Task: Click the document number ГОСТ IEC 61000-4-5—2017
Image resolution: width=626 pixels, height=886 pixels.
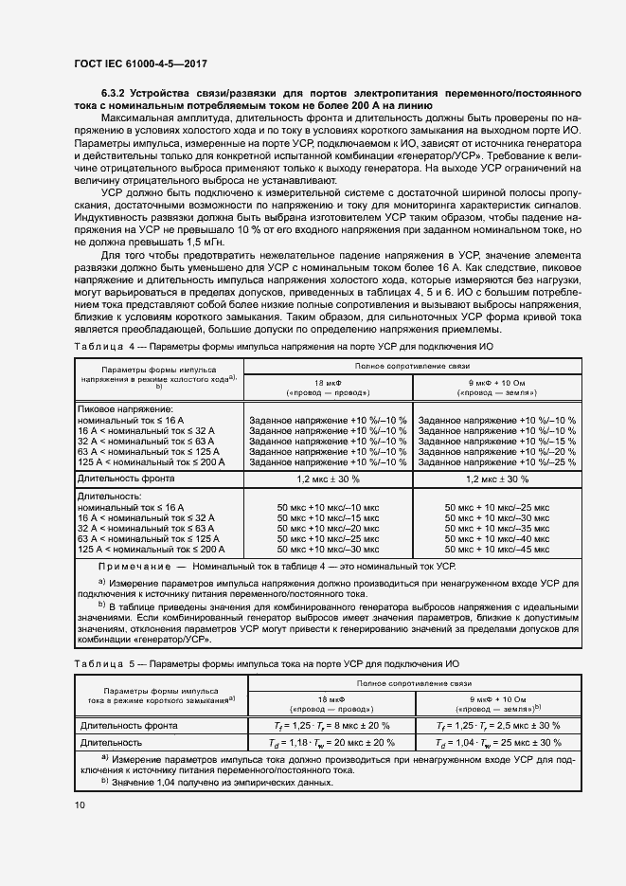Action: (139, 64)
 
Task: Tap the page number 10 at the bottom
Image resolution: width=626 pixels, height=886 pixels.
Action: (79, 805)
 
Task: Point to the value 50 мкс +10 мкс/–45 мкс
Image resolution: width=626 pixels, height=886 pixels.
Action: (496, 549)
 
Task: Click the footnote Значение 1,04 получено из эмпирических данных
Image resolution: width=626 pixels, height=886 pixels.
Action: (222, 782)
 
